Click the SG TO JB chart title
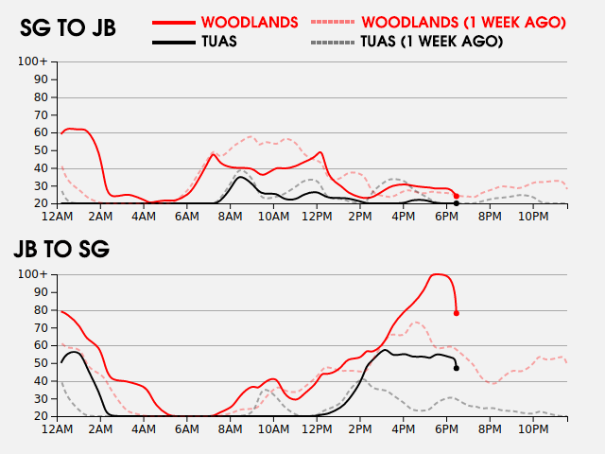(x=68, y=28)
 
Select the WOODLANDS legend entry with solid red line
(x=250, y=22)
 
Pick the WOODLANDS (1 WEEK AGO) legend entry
(x=463, y=22)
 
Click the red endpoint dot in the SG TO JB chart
(x=457, y=196)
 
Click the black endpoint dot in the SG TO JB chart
(x=457, y=203)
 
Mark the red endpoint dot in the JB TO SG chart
(x=457, y=313)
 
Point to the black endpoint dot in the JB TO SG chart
(x=457, y=368)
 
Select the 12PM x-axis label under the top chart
(x=318, y=217)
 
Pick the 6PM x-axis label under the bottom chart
(x=447, y=429)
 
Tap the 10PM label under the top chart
(x=533, y=217)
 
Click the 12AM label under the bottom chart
(x=59, y=429)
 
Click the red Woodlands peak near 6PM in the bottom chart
(x=438, y=274)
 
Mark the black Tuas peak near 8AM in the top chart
(x=241, y=177)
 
